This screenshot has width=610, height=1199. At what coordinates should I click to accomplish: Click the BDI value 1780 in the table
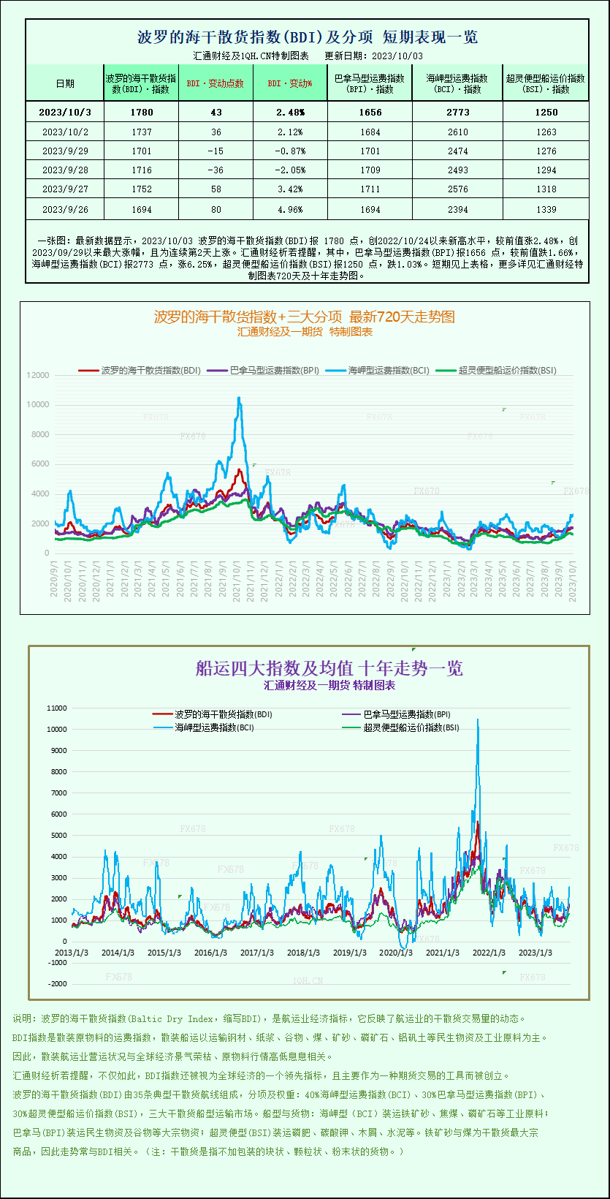click(x=142, y=112)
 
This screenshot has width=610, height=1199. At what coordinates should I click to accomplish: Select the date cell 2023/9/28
click(x=65, y=170)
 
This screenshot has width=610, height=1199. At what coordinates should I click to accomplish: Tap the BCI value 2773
click(x=458, y=112)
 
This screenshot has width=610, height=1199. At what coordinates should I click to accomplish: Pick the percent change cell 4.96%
click(x=290, y=210)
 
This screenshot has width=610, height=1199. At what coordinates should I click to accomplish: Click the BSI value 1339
click(x=546, y=210)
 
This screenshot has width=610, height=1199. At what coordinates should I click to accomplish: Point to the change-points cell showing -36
click(x=215, y=170)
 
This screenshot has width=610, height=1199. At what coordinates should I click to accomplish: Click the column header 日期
click(x=65, y=83)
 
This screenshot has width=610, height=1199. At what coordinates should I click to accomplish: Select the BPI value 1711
click(x=370, y=189)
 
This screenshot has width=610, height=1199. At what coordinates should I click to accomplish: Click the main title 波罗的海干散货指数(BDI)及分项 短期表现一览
click(x=308, y=37)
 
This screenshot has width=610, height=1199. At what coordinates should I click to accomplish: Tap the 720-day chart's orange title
click(x=304, y=317)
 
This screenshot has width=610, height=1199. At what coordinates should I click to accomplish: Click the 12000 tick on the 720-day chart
click(x=38, y=375)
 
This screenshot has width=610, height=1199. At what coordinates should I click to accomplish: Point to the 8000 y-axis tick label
click(x=40, y=434)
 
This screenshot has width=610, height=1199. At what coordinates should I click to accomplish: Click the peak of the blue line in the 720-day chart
click(x=238, y=397)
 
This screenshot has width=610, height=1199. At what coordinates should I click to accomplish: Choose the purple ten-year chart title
click(x=329, y=668)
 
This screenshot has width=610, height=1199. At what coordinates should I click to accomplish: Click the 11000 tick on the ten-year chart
click(x=56, y=708)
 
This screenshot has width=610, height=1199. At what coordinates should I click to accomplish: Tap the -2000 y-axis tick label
click(x=56, y=984)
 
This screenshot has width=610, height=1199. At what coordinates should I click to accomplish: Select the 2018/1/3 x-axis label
click(x=303, y=953)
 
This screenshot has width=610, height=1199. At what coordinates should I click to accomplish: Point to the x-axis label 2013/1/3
click(x=72, y=953)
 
